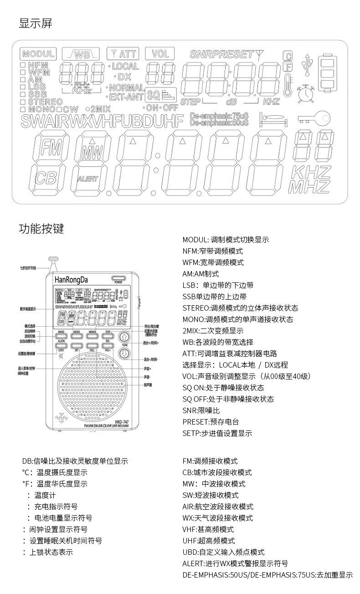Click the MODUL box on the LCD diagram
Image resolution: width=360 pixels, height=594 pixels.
pyautogui.click(x=38, y=54)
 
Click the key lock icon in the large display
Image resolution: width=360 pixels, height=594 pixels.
pyautogui.click(x=314, y=118)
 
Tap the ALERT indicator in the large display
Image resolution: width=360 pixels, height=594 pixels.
pyautogui.click(x=87, y=179)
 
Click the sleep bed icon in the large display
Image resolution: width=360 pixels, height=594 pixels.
pyautogui.click(x=274, y=119)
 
